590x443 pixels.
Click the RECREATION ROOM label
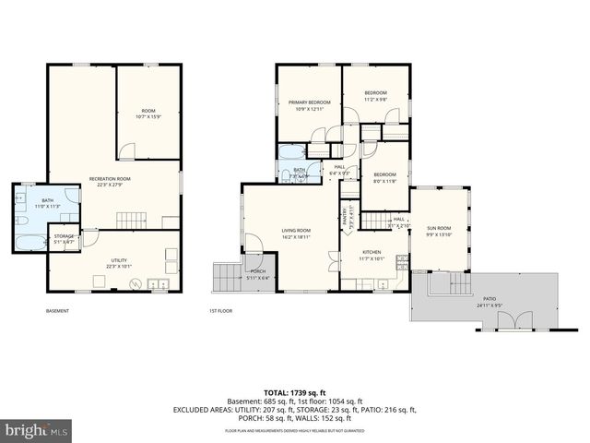tap(109, 177)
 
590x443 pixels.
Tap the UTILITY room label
tap(119, 260)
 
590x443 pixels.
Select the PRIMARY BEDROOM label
tap(309, 102)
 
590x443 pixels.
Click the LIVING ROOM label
tap(296, 230)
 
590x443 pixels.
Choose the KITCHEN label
tap(372, 251)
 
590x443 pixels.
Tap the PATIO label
tap(488, 299)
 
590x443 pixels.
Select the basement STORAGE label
tap(64, 236)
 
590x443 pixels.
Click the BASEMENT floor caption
tap(56, 311)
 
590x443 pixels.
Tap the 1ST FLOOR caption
tap(219, 311)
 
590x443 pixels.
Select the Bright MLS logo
tap(37, 430)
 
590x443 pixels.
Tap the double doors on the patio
tap(508, 320)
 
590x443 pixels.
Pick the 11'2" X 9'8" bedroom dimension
tap(374, 101)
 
